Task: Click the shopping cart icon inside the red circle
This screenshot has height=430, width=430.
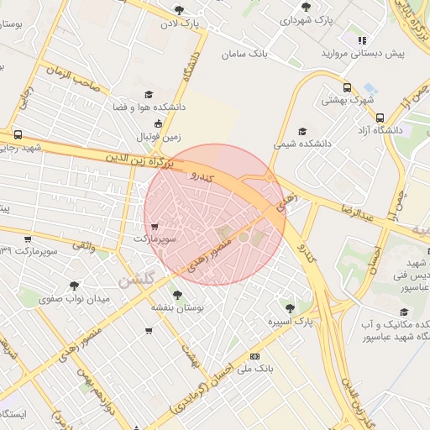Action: [x=154, y=226]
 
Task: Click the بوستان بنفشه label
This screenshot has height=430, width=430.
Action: [x=173, y=308]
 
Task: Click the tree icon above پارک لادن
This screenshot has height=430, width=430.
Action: [x=179, y=10]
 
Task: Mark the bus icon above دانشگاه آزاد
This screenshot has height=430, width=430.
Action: [x=380, y=117]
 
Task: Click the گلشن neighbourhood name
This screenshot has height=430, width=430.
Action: [x=136, y=280]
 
